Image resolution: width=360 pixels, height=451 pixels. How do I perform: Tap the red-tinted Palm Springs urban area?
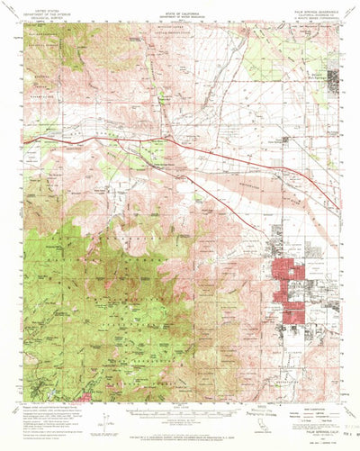pyautogui.click(x=290, y=288)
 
